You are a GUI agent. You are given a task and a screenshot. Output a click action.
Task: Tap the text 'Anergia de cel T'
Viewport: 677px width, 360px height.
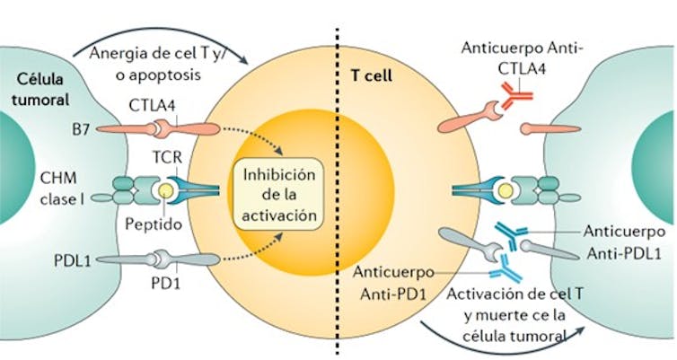click(x=158, y=52)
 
